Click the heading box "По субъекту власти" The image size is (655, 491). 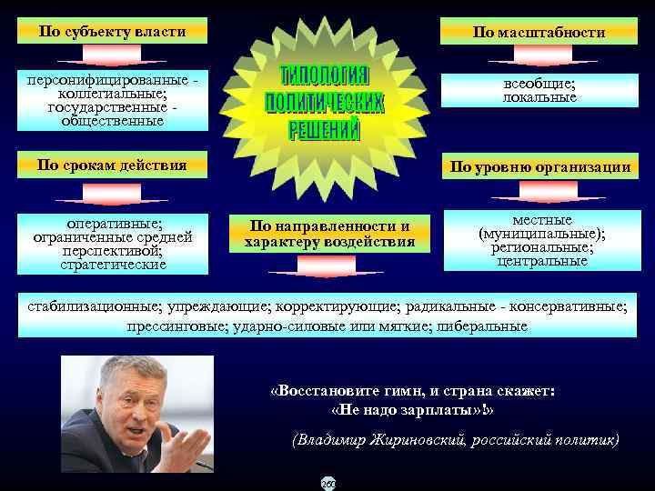point(112,32)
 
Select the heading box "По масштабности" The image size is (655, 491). point(539,32)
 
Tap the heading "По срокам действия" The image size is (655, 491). point(112,165)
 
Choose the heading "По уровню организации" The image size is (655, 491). point(539,166)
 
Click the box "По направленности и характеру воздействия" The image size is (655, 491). point(329,234)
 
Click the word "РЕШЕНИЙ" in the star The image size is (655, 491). point(325,131)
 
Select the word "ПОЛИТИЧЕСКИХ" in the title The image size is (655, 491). point(325,102)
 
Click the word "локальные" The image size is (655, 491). point(539,97)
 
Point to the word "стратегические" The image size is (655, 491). point(113,265)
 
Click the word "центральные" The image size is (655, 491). point(542,261)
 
